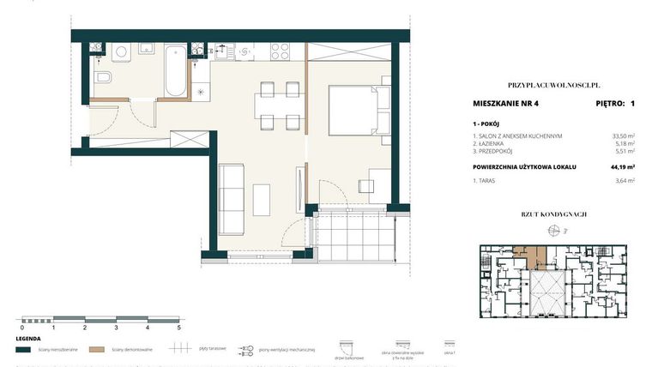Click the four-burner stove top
280,51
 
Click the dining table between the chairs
278,105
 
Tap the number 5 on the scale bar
178,328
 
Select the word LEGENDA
29,338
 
